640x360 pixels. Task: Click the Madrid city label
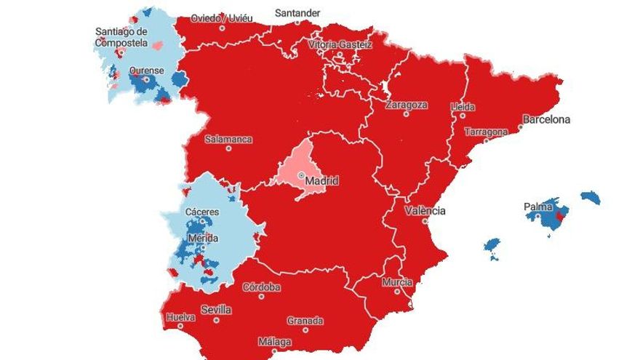[322, 181]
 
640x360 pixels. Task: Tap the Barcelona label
[546, 119]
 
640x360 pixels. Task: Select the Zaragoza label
[407, 105]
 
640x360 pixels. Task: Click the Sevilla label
[216, 310]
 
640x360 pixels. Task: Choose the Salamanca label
[228, 139]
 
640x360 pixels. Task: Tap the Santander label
[297, 12]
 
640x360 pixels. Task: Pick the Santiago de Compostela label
[121, 36]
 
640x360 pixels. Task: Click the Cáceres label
[201, 212]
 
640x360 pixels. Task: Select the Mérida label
[202, 238]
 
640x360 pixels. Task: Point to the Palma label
[539, 207]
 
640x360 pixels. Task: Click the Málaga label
[274, 342]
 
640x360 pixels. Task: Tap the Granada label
[305, 321]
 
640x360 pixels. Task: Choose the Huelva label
[180, 317]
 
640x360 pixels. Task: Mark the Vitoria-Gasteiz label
[340, 44]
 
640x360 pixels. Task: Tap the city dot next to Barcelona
[521, 127]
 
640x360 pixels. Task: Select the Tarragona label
[487, 132]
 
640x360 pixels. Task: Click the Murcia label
[396, 282]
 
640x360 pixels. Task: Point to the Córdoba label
[261, 287]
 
